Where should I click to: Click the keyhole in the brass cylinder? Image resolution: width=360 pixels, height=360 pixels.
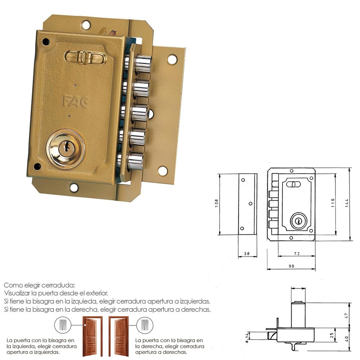pos(66,147)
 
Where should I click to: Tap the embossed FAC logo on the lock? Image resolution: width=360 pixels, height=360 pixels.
pos(75,101)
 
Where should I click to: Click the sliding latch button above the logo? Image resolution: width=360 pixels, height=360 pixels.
pos(85,57)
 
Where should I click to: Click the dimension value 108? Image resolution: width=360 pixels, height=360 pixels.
pos(216,203)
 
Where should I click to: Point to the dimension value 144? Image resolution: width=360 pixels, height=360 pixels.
pos(347,203)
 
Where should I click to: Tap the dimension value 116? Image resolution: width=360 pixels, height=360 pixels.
pos(333,203)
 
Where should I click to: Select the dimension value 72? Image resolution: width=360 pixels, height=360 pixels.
pos(297,253)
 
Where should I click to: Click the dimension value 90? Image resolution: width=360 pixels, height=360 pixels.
pos(291,266)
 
